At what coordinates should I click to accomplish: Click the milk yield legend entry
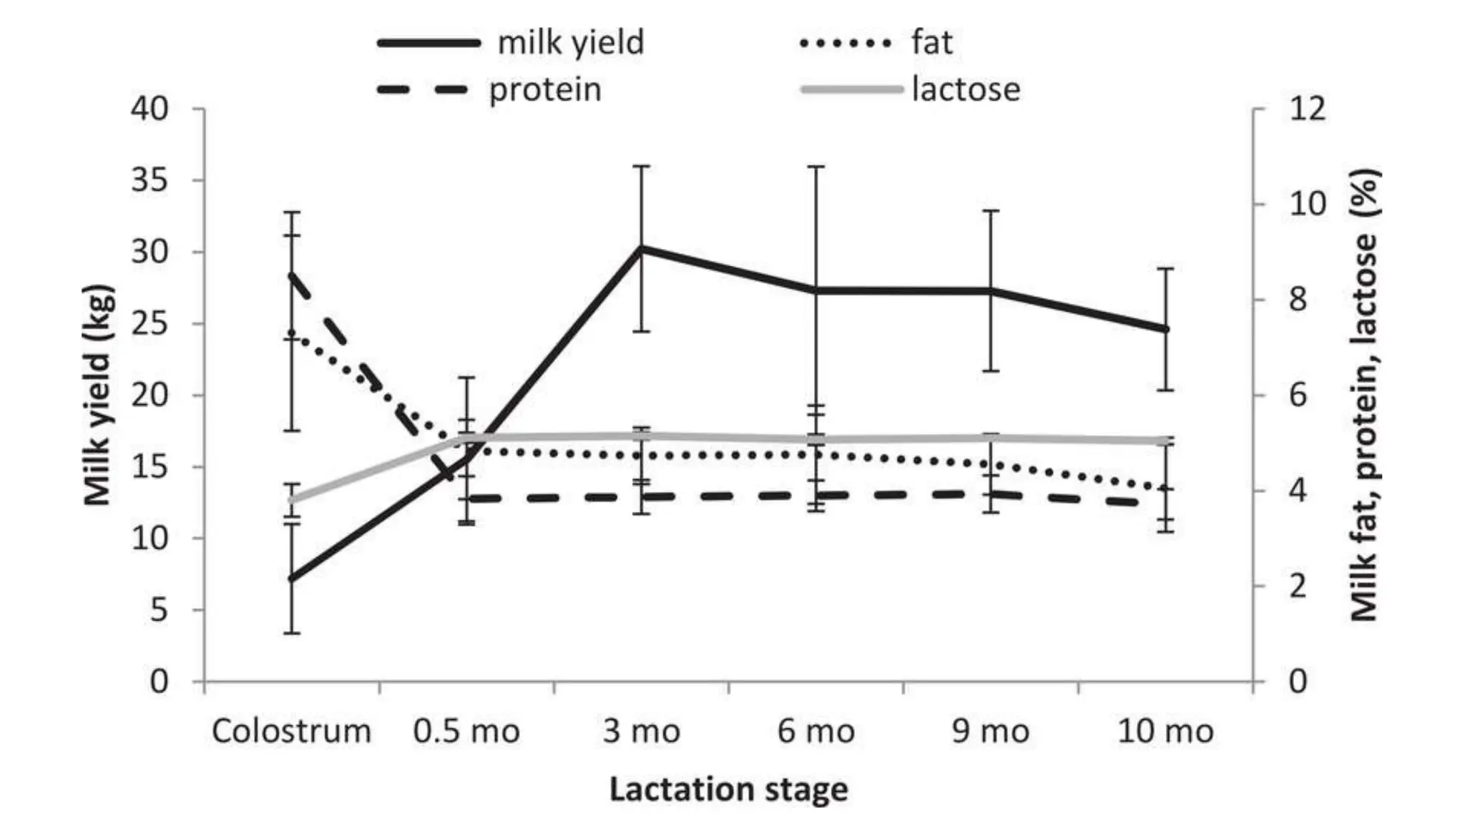tap(570, 42)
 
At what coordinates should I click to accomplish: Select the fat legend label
tap(931, 42)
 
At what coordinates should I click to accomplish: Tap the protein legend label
tap(545, 90)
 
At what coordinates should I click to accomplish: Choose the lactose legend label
tap(966, 90)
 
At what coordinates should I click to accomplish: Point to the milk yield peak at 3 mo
tap(641, 248)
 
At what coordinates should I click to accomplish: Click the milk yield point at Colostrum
tap(292, 578)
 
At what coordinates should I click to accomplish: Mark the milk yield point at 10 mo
tap(1165, 329)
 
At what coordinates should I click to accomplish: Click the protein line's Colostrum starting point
tap(292, 275)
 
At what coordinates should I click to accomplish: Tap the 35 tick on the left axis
tap(150, 180)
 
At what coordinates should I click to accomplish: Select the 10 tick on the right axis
tap(1307, 205)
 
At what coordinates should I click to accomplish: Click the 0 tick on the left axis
tap(159, 682)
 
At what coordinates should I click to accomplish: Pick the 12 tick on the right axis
tap(1307, 109)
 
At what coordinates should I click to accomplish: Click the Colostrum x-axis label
tap(292, 732)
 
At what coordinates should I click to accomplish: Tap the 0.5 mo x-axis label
tap(466, 732)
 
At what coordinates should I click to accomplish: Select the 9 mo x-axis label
tap(991, 732)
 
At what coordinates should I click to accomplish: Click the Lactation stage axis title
tap(728, 790)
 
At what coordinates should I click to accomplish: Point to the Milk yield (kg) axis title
tap(98, 395)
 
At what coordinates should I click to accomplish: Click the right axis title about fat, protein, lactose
tap(1364, 395)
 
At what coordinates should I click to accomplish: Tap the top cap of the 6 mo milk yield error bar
tap(815, 167)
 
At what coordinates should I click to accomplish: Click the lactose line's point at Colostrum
tap(292, 499)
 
